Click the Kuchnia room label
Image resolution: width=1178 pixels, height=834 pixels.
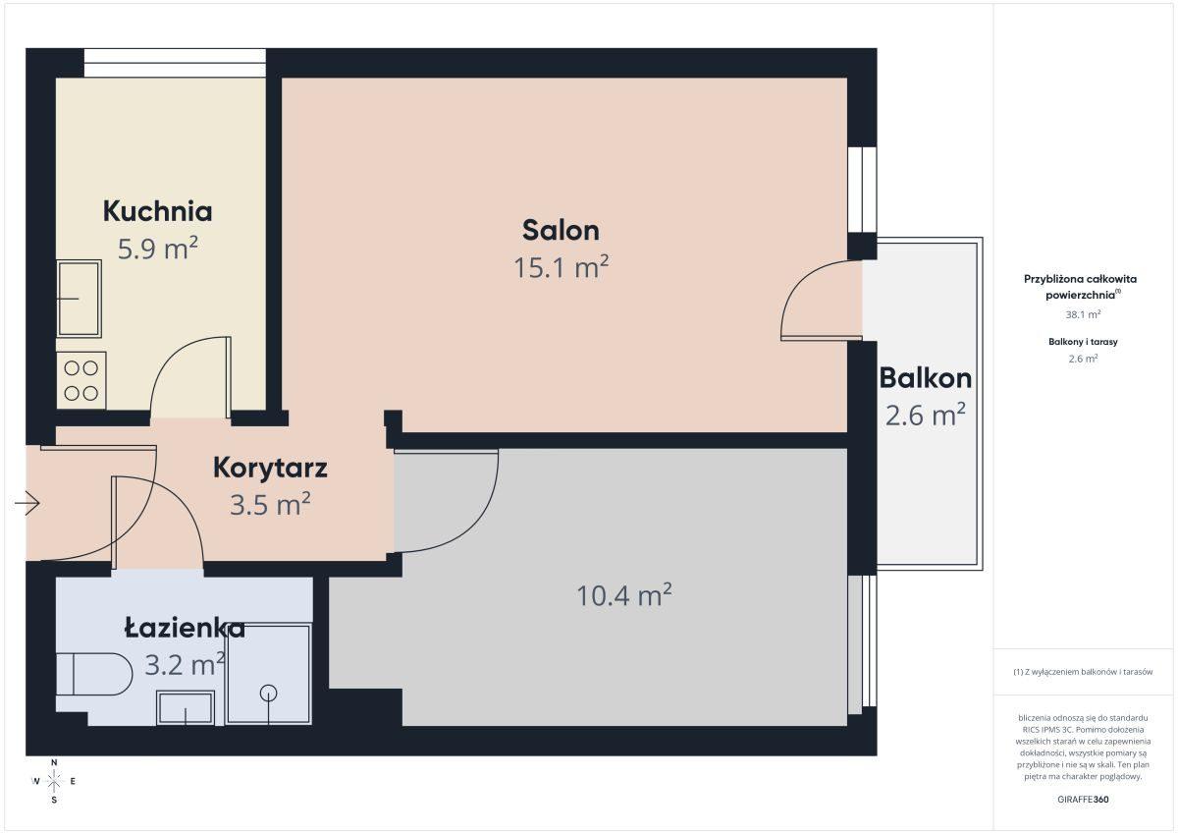coord(157,211)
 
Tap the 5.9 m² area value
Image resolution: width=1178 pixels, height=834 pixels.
coord(157,249)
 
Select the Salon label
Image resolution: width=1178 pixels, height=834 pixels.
coord(561,231)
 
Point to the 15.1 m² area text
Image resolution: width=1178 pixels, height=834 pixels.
coord(561,267)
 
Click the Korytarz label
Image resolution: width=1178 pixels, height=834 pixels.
coord(270,468)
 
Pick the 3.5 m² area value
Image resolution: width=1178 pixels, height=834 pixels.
coord(270,504)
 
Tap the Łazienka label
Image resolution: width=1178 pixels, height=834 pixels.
coord(185,629)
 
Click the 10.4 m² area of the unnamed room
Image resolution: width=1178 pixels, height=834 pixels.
coord(624,595)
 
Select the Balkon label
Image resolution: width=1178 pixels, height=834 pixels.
coord(925,378)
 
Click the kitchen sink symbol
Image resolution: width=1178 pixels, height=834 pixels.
coord(79,299)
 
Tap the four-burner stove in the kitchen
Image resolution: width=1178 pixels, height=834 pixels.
coord(80,380)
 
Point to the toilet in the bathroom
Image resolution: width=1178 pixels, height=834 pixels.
coord(94,674)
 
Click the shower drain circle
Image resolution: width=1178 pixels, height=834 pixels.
coord(269,693)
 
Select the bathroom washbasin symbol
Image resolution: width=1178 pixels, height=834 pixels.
coord(186,708)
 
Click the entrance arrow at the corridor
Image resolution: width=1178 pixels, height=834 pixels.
coord(27,504)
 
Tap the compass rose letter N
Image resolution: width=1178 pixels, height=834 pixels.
coord(54,762)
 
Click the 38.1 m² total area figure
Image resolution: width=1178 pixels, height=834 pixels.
coord(1083,314)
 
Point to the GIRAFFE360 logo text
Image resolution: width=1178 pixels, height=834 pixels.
coord(1083,800)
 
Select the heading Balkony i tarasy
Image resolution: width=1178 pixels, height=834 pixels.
coord(1083,342)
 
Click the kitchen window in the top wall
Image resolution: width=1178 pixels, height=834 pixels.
coord(175,63)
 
